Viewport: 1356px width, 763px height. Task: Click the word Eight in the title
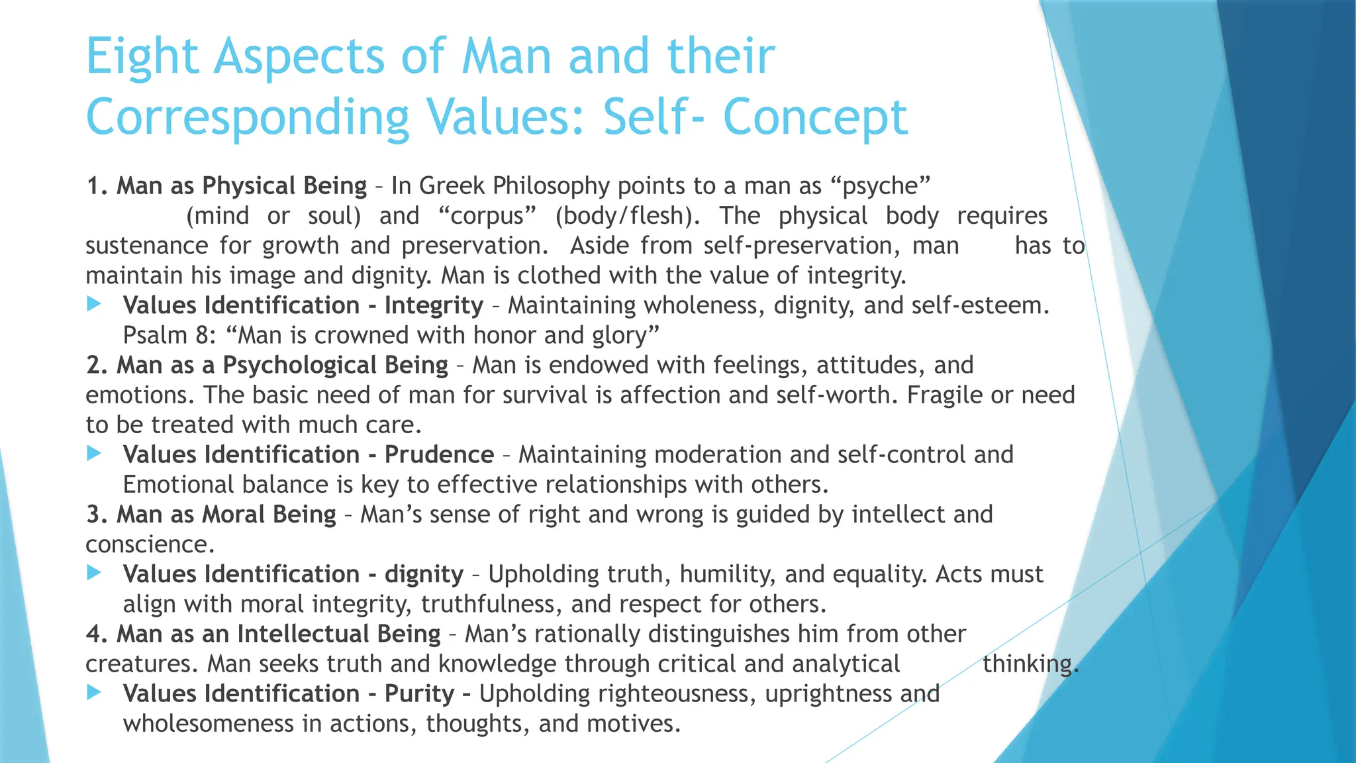pyautogui.click(x=142, y=57)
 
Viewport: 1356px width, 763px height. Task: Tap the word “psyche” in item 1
pyautogui.click(x=880, y=186)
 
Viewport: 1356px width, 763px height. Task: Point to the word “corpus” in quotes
pyautogui.click(x=487, y=216)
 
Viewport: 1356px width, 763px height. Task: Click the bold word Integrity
pyautogui.click(x=434, y=305)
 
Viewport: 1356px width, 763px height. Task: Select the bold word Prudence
pyautogui.click(x=439, y=455)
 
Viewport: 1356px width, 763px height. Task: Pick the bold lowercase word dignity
pyautogui.click(x=424, y=574)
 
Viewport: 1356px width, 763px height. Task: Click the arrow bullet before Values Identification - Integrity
pyautogui.click(x=94, y=305)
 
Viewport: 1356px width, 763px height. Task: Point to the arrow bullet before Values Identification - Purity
pyautogui.click(x=94, y=693)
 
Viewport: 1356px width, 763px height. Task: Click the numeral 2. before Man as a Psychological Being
pyautogui.click(x=97, y=366)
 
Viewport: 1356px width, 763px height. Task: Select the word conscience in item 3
pyautogui.click(x=150, y=544)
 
